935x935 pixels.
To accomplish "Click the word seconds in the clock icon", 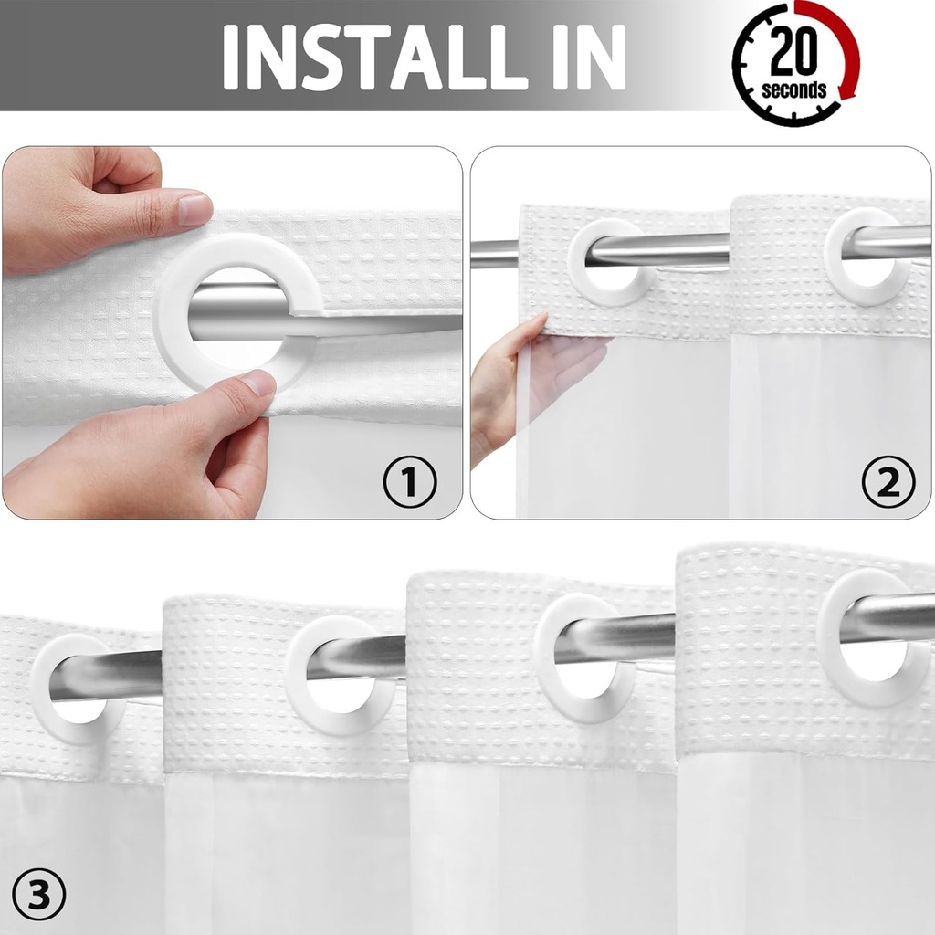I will [x=793, y=89].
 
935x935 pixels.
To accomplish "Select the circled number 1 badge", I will [x=409, y=481].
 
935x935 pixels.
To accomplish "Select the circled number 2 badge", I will [x=888, y=481].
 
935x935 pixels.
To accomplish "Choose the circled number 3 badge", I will [x=39, y=898].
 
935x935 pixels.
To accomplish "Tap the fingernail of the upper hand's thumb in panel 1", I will [x=194, y=209].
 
